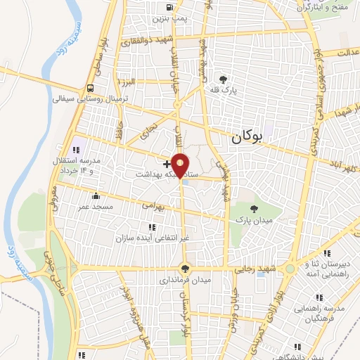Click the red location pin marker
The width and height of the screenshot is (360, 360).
pos(181,165)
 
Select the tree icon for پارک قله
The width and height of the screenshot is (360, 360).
pos(224,79)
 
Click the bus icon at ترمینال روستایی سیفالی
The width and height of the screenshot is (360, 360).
pos(91,88)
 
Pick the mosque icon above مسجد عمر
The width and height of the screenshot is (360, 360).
pos(96,195)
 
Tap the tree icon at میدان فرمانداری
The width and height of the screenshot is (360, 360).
pos(185,268)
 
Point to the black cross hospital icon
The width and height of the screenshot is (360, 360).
pos(166,163)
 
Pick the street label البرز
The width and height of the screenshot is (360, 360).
pos(127,82)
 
